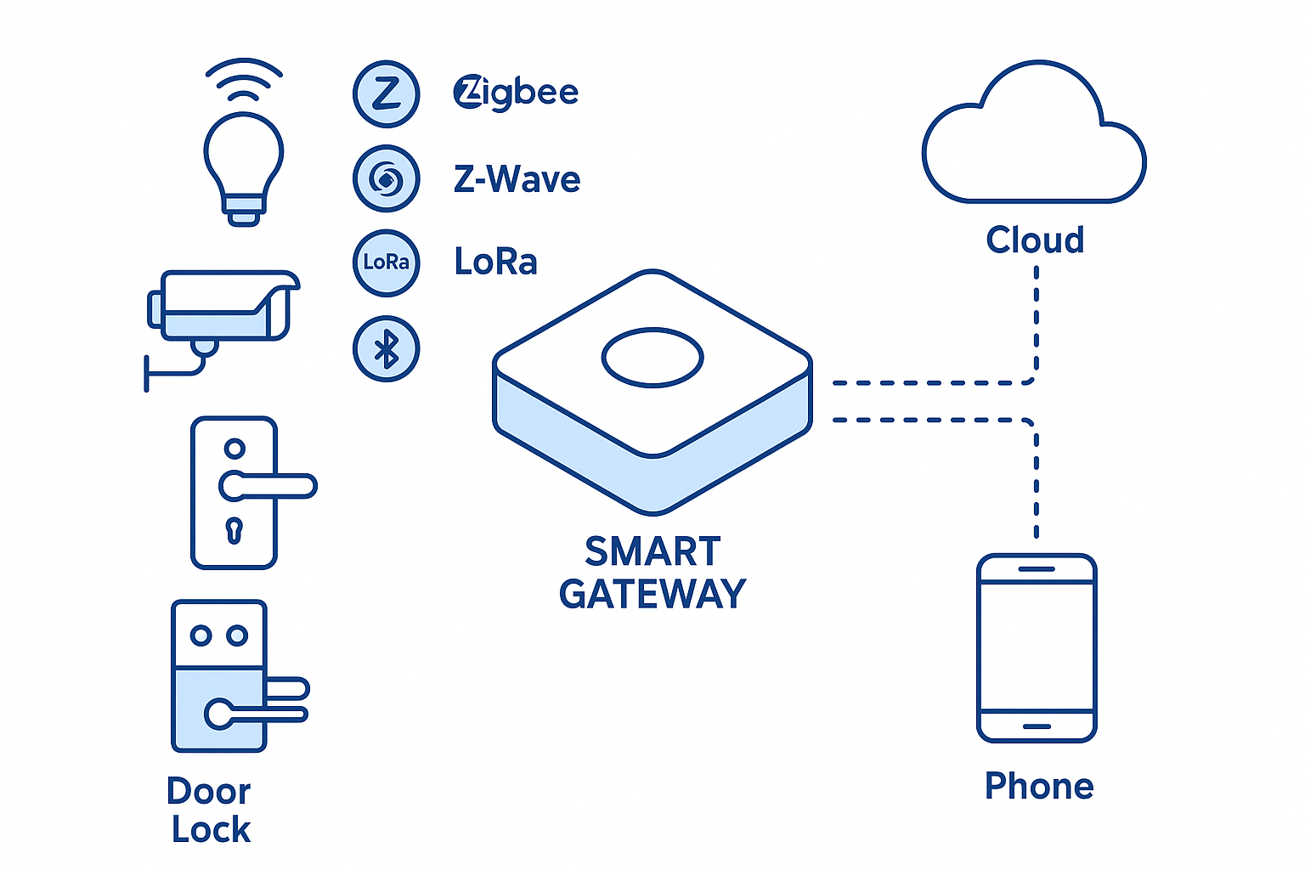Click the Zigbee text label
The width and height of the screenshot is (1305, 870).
(x=516, y=93)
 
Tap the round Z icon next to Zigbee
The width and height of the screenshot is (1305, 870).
(x=387, y=93)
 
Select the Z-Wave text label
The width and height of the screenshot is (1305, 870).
(x=517, y=179)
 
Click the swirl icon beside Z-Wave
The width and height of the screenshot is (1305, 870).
(x=387, y=178)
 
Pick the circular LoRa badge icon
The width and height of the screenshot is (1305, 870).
(x=387, y=263)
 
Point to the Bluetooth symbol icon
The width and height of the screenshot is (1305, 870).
(x=387, y=348)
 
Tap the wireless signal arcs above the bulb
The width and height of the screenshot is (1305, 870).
(x=244, y=79)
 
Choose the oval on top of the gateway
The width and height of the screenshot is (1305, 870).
(x=652, y=358)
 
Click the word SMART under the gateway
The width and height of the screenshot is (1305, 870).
(x=652, y=552)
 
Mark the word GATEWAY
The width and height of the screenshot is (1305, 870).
(x=652, y=594)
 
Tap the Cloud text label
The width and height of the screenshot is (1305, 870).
(x=1035, y=240)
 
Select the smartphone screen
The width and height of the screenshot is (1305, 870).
(x=1037, y=646)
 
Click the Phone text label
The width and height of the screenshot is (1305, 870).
(x=1039, y=786)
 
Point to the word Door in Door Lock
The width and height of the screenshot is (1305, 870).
(x=209, y=792)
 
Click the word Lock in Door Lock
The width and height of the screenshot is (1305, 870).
(x=212, y=830)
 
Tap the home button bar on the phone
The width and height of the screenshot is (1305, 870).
(x=1037, y=726)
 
